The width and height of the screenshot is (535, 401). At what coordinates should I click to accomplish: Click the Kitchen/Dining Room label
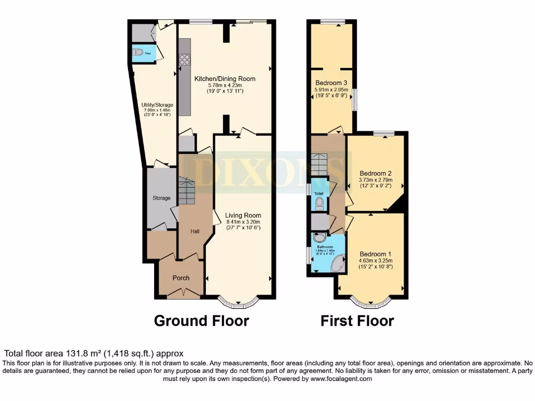point(225,79)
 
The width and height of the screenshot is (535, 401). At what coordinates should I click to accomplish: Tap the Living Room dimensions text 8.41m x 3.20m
point(243,221)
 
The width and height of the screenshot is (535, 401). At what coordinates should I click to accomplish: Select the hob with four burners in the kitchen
point(184,60)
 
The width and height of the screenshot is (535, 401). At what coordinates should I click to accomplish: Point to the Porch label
point(181,278)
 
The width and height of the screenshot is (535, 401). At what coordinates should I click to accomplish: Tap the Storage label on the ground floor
point(161,198)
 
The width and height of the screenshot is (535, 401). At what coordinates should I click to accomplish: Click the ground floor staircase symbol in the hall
point(186,191)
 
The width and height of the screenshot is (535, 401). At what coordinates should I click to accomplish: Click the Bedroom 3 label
point(331,83)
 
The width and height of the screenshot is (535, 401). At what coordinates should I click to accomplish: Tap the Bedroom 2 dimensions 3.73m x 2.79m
point(375,180)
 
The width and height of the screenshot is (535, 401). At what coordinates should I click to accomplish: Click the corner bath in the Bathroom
point(339,263)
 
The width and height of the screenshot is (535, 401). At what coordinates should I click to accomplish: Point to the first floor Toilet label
point(319,193)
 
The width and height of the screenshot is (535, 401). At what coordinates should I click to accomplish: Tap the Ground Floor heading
point(201,320)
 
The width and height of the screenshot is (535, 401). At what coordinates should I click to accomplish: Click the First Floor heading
point(357,320)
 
